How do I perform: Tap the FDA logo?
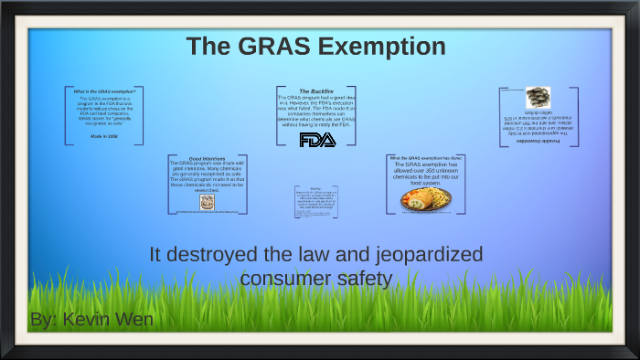pos(317,140)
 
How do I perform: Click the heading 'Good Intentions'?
pos(208,159)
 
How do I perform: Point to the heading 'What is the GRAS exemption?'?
pos(105,91)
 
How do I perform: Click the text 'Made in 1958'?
pos(104,135)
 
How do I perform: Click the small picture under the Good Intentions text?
pos(207,201)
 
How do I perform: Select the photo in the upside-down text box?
pos(538,97)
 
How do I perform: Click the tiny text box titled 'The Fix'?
pos(315,202)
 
